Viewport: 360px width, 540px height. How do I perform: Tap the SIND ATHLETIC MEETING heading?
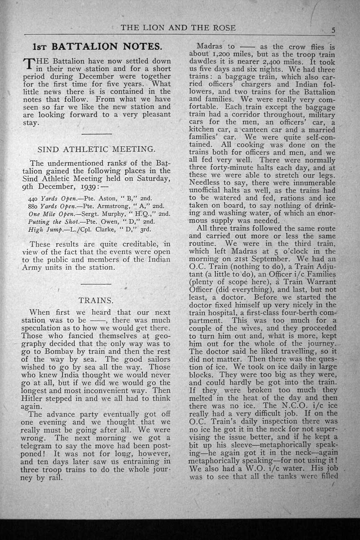(x=96, y=149)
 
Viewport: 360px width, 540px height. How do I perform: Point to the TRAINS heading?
(x=96, y=300)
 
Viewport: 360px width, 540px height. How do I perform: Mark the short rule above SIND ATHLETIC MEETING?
(x=97, y=134)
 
